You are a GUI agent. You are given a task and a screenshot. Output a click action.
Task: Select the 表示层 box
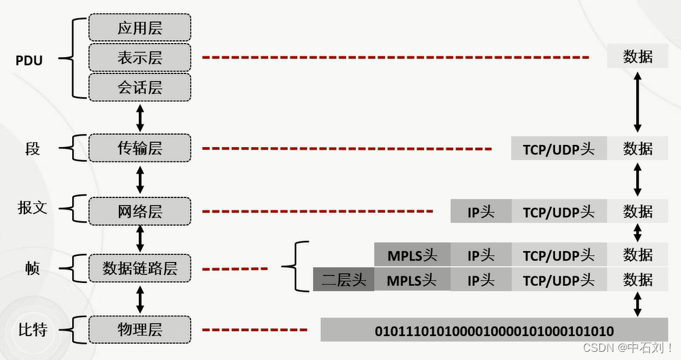(139, 57)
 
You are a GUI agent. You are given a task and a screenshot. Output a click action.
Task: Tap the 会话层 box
(139, 87)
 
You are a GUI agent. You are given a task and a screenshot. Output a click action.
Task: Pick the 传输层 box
(139, 148)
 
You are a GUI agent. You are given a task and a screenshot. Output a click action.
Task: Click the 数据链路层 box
(139, 267)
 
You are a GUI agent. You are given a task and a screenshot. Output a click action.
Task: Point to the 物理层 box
(139, 330)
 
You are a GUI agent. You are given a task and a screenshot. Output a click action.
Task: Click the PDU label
(29, 61)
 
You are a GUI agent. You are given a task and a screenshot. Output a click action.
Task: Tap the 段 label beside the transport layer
(32, 148)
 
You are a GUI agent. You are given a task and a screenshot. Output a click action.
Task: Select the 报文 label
(32, 208)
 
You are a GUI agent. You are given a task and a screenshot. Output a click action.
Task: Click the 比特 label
(32, 331)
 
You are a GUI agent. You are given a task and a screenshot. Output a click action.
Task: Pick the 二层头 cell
(344, 280)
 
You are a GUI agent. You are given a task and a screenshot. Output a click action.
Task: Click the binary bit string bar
(494, 331)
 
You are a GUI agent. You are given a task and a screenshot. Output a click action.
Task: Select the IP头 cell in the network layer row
(480, 212)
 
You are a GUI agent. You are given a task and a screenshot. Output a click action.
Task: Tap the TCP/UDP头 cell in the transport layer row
(559, 148)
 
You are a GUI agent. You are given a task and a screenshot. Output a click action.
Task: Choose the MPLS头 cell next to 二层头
(412, 280)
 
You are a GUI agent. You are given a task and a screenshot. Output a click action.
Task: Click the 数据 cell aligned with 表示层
(637, 56)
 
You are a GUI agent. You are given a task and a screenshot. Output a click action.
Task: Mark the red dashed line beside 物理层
(255, 331)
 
